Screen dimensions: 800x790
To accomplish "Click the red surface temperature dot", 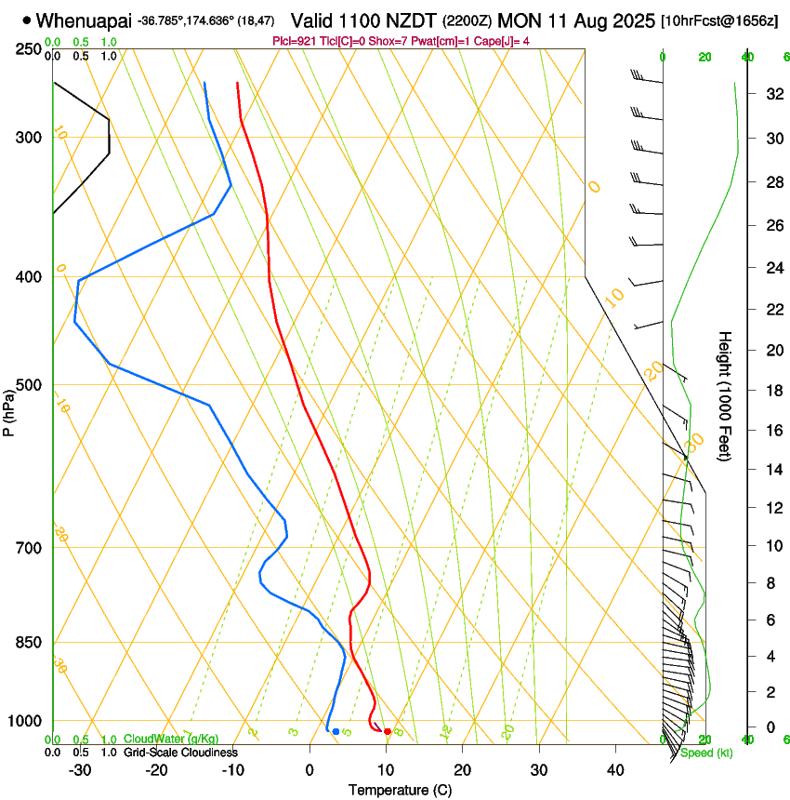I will (388, 732).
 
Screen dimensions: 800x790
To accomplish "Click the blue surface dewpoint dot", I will (336, 731).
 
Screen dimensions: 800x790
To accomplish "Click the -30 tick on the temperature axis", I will (80, 769).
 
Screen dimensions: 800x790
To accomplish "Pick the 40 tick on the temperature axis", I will (614, 769).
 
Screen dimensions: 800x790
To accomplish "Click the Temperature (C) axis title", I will (400, 790).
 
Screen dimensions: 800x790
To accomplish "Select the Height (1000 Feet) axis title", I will (726, 395).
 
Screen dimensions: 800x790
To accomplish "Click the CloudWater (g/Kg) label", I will (171, 740).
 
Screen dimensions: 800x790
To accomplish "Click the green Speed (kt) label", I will (706, 753).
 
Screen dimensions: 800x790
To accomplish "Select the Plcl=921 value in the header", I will (293, 41).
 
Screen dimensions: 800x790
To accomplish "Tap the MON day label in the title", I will (519, 20).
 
